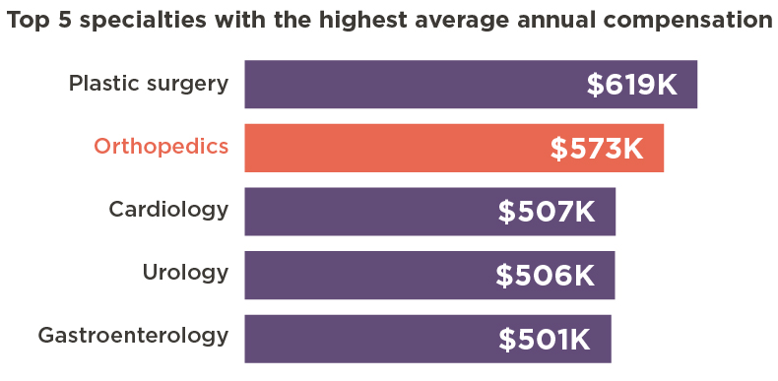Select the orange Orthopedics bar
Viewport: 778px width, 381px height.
(x=394, y=148)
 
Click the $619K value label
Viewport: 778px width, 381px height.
(x=631, y=86)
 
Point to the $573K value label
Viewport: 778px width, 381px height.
(x=596, y=149)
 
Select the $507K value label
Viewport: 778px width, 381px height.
(x=547, y=212)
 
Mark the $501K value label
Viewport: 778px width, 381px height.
(x=544, y=339)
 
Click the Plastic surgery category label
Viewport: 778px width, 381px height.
(x=149, y=84)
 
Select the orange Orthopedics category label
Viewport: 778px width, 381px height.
(x=162, y=147)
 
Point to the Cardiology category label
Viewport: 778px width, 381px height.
(x=168, y=210)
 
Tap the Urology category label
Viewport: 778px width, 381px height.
(x=185, y=273)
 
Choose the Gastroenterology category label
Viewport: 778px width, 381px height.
(x=133, y=336)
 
